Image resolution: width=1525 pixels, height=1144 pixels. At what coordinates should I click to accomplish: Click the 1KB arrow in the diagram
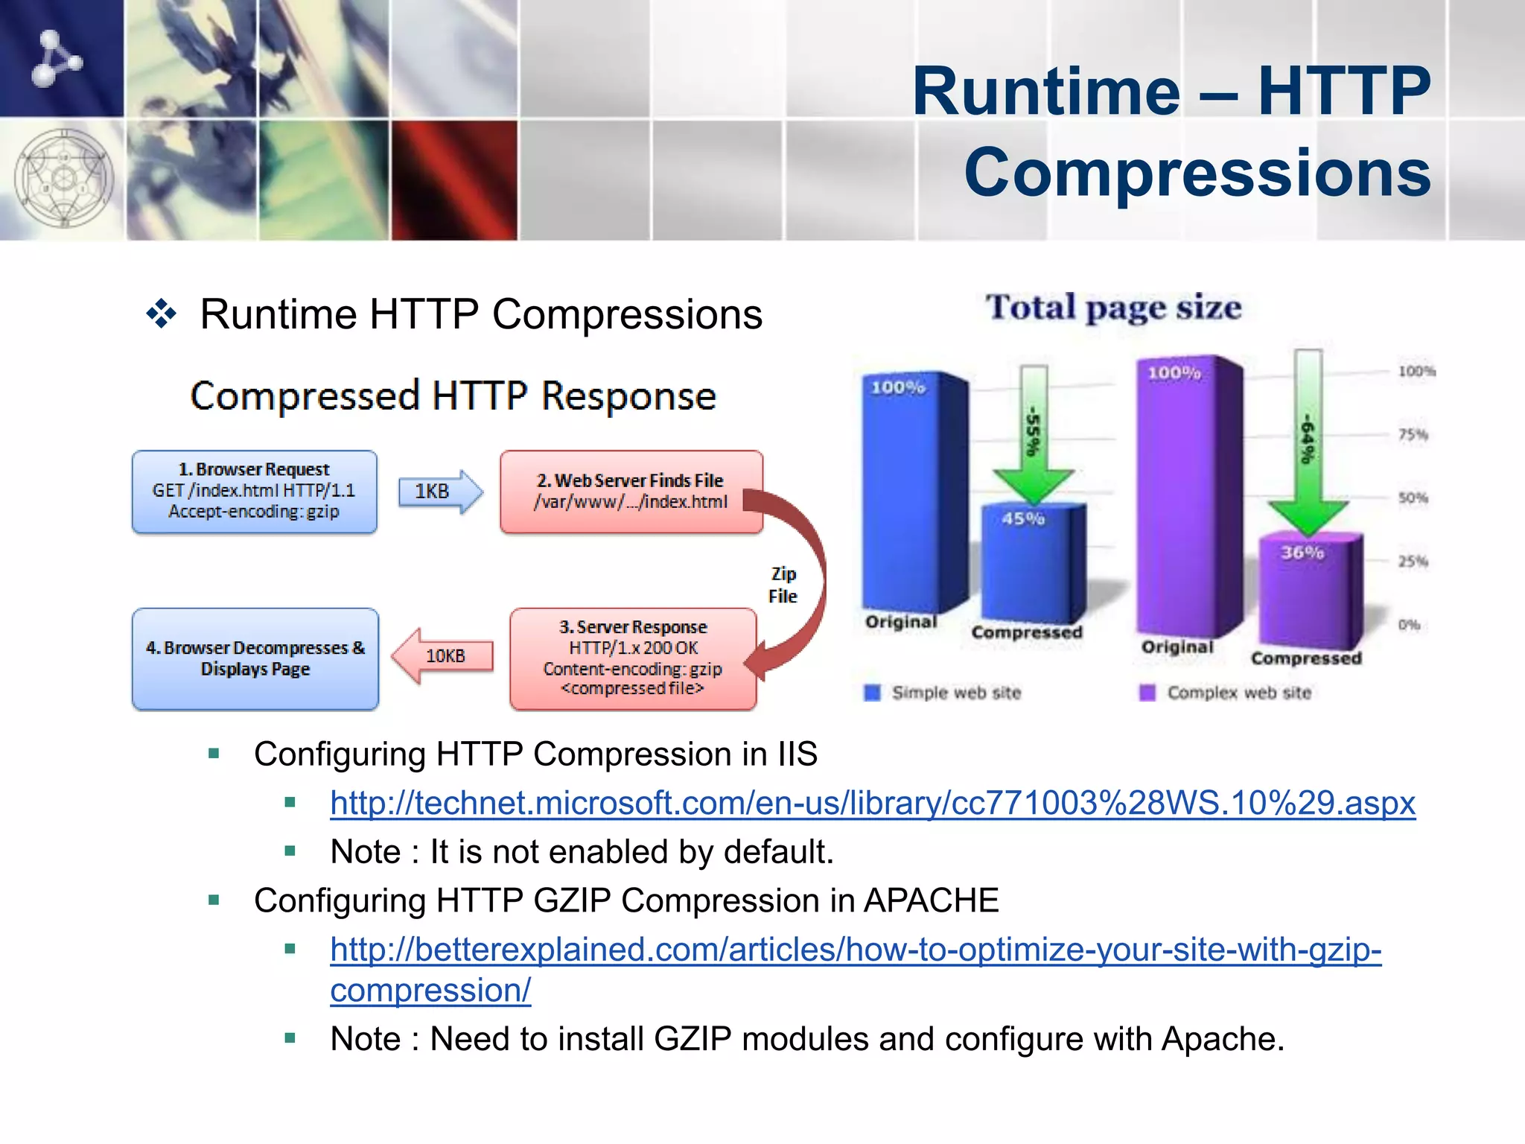point(439,492)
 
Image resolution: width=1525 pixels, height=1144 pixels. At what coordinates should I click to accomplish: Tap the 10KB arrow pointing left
point(442,655)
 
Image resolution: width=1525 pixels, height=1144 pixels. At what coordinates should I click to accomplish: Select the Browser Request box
point(255,491)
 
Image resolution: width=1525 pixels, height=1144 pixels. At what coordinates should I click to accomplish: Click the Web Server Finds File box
point(631,491)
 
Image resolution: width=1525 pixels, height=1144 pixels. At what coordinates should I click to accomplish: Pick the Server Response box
point(632,658)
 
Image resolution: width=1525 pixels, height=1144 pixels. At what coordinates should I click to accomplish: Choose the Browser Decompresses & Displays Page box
point(255,658)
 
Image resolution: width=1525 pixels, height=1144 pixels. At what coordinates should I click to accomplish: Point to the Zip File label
point(783,585)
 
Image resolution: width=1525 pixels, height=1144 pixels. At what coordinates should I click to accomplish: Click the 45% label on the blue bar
point(1023,518)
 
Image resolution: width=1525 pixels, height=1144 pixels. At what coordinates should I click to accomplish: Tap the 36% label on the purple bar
point(1302,553)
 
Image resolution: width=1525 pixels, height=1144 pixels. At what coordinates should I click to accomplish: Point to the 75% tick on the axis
point(1413,435)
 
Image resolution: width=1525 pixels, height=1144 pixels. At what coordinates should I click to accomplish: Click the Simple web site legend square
point(872,693)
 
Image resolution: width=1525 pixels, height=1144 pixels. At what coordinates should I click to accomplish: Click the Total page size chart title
point(1114,308)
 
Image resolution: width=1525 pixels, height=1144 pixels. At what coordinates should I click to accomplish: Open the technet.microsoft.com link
point(872,803)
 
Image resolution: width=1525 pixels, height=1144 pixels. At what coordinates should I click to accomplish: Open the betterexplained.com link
point(856,950)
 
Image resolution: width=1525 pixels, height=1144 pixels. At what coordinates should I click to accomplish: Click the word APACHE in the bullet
point(931,900)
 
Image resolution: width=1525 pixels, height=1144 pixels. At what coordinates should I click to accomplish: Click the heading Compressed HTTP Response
point(453,395)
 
